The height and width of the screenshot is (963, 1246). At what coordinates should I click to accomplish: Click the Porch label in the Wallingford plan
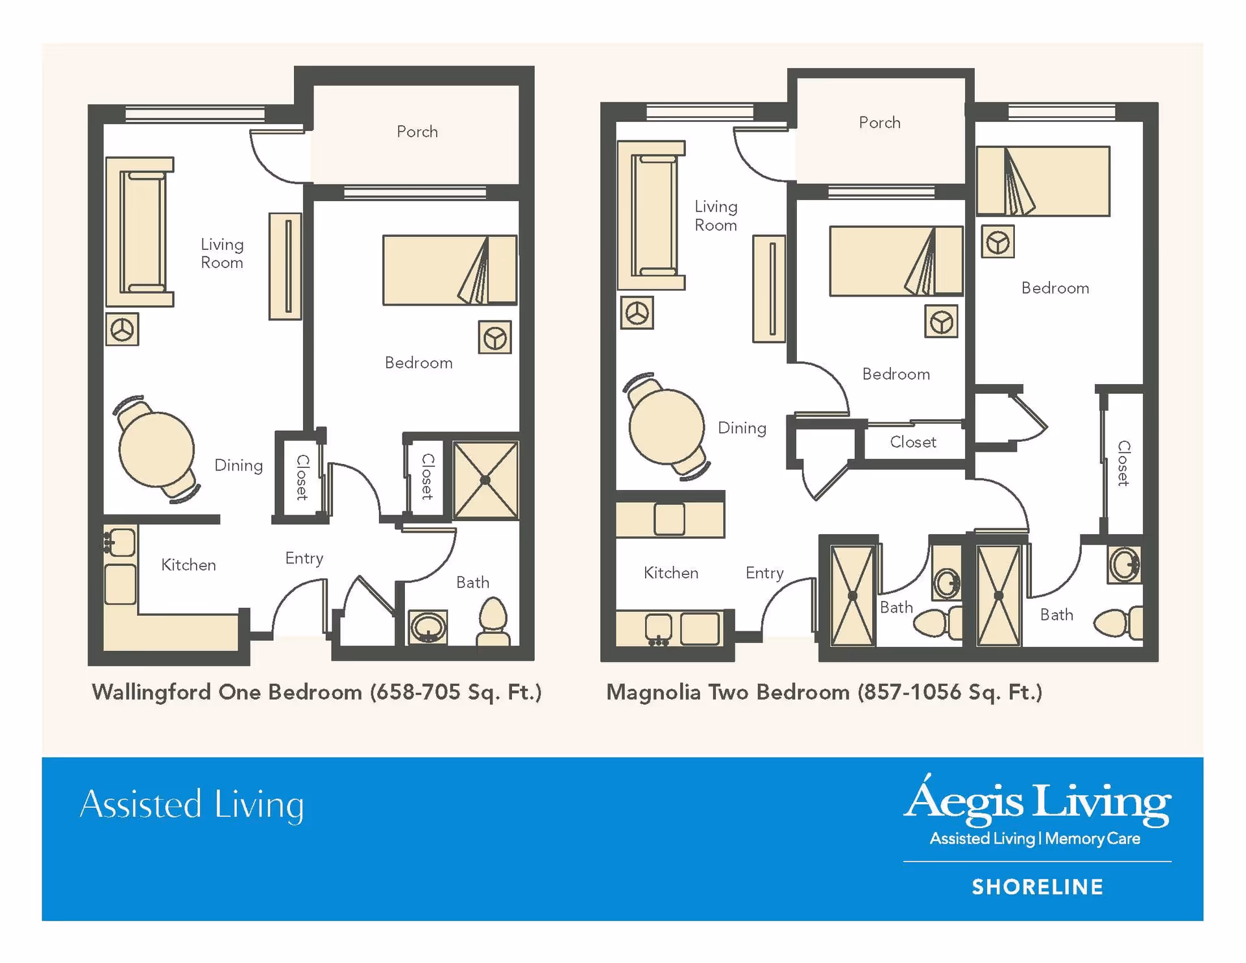(x=417, y=132)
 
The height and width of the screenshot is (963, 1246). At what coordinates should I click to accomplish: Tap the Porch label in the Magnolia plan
(x=879, y=123)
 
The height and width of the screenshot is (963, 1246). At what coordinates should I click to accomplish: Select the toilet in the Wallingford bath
(x=493, y=620)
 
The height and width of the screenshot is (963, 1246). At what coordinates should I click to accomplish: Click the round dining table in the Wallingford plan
(x=156, y=449)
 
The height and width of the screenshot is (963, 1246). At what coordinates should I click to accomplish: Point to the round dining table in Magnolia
(x=666, y=426)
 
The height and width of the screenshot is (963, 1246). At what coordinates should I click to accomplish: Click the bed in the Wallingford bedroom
(x=449, y=270)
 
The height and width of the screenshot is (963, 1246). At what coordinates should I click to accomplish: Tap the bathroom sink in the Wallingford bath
(x=428, y=628)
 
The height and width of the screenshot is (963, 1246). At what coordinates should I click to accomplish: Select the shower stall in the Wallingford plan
(x=485, y=480)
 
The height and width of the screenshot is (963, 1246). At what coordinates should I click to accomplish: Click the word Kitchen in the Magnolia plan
(x=671, y=573)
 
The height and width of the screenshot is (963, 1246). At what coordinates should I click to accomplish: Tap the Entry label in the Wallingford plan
(x=304, y=558)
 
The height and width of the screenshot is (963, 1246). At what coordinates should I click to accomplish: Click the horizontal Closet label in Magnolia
(x=912, y=443)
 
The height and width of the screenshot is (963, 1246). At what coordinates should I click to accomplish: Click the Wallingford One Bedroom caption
(x=316, y=692)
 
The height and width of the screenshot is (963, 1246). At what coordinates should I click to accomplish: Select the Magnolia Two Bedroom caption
(x=824, y=692)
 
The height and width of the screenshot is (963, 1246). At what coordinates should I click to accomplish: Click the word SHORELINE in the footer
(x=1037, y=887)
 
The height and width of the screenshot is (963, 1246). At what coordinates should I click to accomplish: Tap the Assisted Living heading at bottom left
(x=191, y=805)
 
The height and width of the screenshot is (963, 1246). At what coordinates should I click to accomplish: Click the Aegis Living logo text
(x=1037, y=802)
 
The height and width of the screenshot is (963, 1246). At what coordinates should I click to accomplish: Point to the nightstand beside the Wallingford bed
(x=495, y=337)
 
